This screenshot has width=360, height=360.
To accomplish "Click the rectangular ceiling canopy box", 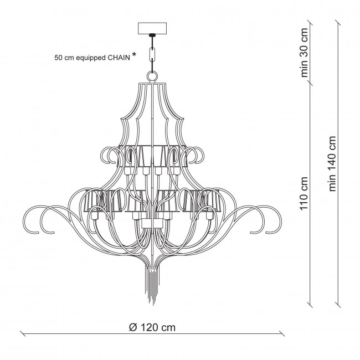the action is coord(152,28).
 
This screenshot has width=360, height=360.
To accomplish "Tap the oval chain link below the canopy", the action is coord(152,54).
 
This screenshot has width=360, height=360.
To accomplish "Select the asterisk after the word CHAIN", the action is coord(134,55).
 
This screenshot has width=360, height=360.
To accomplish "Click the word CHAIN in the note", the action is coord(119,58).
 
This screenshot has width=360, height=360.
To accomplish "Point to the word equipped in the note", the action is coord(91,58).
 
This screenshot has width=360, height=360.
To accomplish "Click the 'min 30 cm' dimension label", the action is coord(304,53).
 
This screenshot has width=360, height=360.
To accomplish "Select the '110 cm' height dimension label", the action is coord(304,193).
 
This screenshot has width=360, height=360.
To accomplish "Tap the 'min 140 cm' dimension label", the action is coord(332,164).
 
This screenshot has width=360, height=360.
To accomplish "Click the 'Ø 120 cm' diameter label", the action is coord(152,327).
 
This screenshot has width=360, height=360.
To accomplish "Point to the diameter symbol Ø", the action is coord(133,327).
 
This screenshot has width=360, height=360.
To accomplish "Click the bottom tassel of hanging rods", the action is coord(152,286).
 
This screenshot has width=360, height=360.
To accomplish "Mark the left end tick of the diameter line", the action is coord(23,333).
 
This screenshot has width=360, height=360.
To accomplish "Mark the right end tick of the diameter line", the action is coord(282,333).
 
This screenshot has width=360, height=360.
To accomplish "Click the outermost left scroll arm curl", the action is coord(34,219).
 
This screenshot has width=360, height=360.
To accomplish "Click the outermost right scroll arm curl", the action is coord(271,219).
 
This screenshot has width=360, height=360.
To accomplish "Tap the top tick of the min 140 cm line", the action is coord(338,23).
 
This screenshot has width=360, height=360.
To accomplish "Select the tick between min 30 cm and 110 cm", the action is coord(310,83).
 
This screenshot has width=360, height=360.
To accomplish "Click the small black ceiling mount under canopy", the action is coord(152,35).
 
